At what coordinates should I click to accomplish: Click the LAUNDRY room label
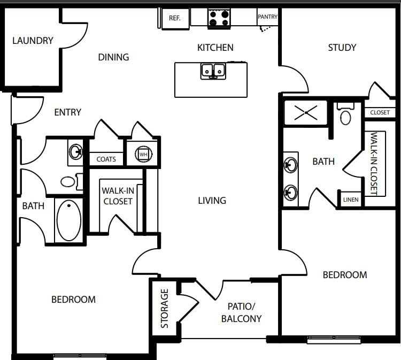point(33,40)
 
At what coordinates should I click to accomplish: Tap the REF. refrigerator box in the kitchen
point(174,18)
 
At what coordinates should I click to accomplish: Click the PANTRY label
point(267,17)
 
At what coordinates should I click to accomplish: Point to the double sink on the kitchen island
point(213,71)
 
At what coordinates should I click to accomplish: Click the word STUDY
point(342,48)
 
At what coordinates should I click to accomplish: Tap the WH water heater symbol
point(143,155)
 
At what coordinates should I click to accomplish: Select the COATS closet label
point(106,159)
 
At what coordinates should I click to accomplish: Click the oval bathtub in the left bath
point(68,220)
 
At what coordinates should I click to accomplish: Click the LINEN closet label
point(351,200)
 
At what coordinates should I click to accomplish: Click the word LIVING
point(212,201)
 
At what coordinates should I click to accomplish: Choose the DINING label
point(113,57)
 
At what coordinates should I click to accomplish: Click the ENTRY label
point(68,112)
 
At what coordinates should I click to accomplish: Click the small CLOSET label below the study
point(380,113)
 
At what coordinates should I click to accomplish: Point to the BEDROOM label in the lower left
point(73,300)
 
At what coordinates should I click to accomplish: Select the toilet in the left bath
point(68,182)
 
